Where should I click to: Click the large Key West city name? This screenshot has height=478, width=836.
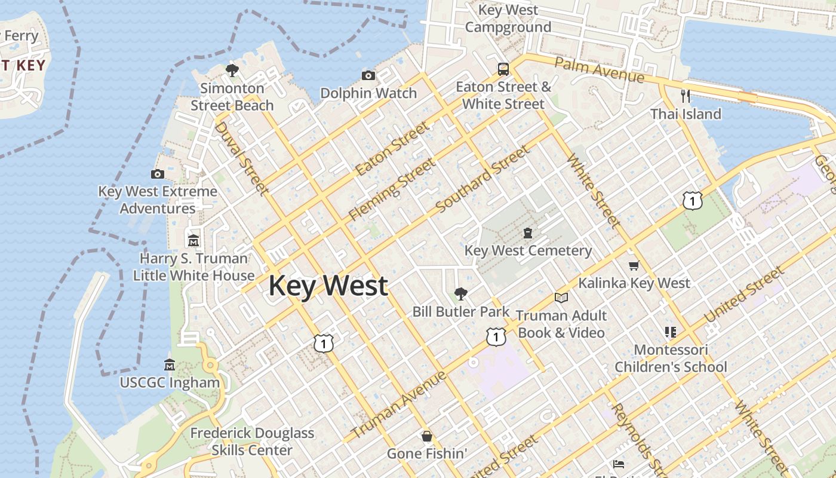328,286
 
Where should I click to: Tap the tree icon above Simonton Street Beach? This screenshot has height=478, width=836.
232,71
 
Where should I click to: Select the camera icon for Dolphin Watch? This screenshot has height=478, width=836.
368,75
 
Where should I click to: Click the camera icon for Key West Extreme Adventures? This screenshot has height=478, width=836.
158,174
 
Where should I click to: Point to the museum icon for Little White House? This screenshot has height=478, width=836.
193,241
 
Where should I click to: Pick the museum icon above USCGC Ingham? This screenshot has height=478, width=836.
170,364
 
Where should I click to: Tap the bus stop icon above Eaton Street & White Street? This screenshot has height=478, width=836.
503,69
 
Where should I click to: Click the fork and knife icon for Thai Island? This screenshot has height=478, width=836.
686,96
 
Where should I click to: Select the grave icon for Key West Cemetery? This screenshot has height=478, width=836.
528,232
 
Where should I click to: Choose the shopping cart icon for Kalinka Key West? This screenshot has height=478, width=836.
634,265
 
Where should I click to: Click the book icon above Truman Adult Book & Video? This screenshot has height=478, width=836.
561,298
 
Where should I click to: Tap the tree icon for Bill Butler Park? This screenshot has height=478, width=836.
460,293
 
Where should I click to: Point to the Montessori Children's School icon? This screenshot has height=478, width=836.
671,332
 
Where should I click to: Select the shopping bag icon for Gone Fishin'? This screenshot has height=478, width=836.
427,436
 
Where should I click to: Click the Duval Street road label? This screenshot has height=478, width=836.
241,158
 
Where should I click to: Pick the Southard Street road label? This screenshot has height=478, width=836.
482,179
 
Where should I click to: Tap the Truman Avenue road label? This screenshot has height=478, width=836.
399,405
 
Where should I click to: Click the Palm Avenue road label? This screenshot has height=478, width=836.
599,71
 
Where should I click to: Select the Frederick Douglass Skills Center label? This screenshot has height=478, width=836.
252,442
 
